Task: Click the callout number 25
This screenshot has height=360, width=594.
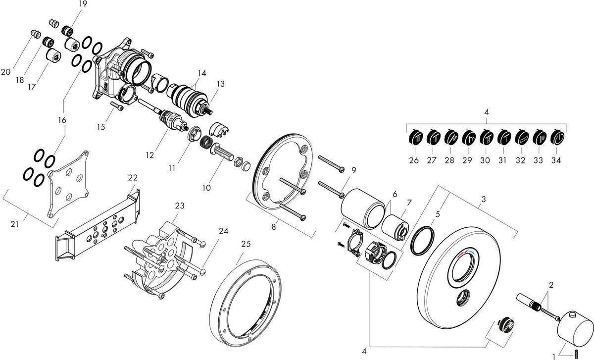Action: (246, 244)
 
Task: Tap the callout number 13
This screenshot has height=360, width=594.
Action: (220, 84)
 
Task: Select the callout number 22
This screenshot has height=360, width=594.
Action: (133, 177)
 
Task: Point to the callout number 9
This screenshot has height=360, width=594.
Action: (354, 170)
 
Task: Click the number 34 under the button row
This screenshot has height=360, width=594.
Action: (556, 160)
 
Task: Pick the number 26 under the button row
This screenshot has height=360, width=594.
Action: (414, 160)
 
